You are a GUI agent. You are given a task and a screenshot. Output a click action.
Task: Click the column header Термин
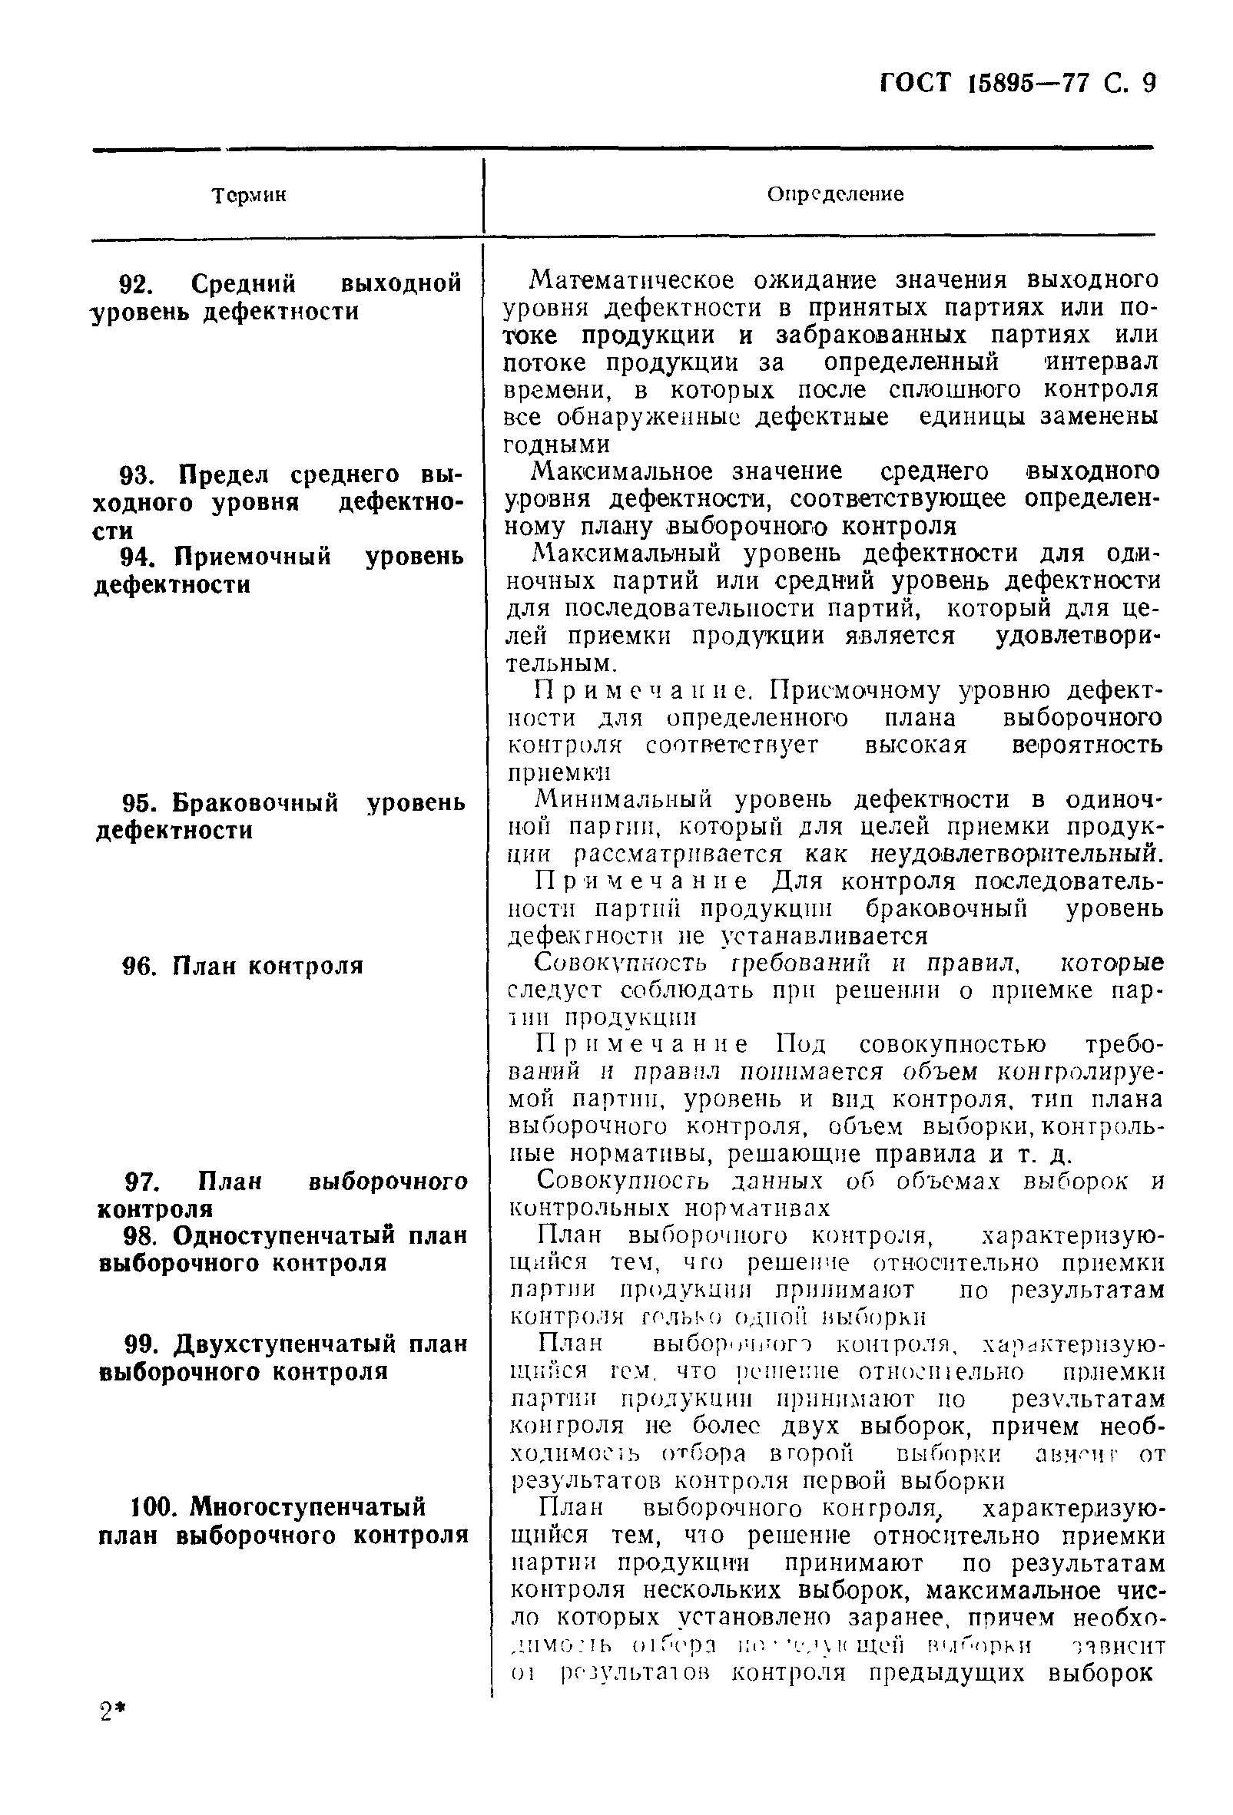249,195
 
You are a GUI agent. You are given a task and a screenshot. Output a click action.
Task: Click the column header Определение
834,194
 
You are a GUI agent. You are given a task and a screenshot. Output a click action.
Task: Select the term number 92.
137,283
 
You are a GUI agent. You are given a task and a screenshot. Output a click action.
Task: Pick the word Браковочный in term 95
255,803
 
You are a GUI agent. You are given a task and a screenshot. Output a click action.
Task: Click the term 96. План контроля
243,966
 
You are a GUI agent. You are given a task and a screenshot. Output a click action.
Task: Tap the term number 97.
143,1181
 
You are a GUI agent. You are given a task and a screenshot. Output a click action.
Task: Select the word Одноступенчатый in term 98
286,1235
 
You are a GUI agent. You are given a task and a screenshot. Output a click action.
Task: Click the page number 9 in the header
1147,82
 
